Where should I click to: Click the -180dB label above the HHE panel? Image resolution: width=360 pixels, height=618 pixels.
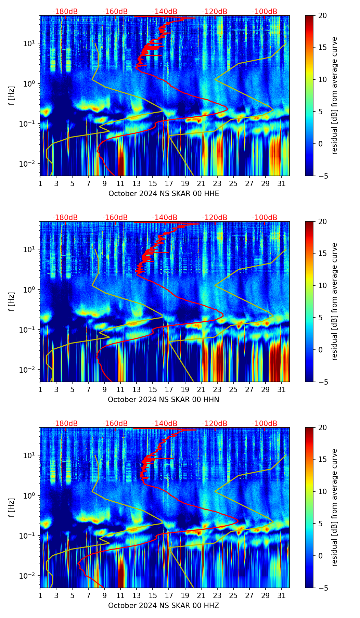(65, 12)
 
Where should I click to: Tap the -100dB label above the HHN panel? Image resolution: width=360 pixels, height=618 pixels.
(265, 218)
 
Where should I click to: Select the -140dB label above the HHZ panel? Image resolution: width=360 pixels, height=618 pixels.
(165, 424)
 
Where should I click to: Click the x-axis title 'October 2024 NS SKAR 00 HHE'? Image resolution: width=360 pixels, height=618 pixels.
(164, 194)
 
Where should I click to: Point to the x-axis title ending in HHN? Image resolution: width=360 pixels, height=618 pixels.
(164, 400)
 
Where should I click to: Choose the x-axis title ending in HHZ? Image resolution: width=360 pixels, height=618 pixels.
(164, 606)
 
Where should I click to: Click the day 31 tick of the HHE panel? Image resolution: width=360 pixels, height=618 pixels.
(282, 183)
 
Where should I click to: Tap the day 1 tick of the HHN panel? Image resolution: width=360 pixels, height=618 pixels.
(40, 389)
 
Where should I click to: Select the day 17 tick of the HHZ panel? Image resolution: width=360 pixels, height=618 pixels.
(169, 595)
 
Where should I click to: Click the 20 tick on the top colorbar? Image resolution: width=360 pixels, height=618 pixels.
(322, 15)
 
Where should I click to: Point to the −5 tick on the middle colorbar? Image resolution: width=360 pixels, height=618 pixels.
(322, 382)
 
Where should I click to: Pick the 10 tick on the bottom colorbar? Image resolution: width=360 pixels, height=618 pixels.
(322, 492)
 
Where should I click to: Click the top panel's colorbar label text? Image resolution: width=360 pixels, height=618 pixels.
(335, 95)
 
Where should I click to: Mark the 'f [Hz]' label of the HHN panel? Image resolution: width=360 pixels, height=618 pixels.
(12, 301)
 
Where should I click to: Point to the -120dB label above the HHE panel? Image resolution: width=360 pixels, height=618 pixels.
(215, 12)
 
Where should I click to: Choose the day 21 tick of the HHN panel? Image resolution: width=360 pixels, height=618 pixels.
(201, 389)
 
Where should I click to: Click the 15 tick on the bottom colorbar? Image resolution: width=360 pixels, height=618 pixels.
(322, 460)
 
